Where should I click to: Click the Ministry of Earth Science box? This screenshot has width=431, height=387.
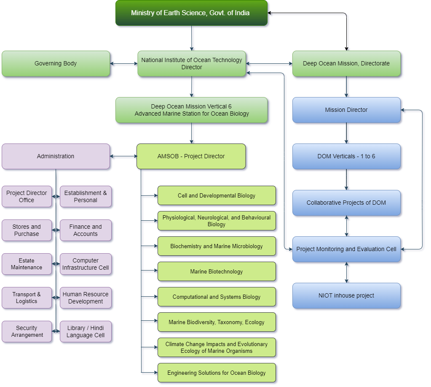click(x=191, y=13)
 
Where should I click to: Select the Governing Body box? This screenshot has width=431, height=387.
click(x=56, y=64)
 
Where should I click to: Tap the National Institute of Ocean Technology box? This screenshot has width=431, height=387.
click(x=192, y=64)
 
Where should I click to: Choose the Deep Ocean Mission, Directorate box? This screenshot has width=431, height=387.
click(x=346, y=64)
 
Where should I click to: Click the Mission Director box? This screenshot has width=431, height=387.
click(x=346, y=110)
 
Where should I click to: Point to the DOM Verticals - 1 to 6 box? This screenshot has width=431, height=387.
click(x=346, y=157)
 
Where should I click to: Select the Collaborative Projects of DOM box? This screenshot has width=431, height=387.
click(x=346, y=203)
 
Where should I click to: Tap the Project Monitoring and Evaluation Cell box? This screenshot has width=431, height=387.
click(x=346, y=249)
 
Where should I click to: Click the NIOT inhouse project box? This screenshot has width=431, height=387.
click(x=346, y=296)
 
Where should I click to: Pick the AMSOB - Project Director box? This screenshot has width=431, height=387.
click(x=191, y=157)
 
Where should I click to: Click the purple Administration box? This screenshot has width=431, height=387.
click(x=56, y=157)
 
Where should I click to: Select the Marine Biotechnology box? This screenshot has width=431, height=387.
click(x=217, y=272)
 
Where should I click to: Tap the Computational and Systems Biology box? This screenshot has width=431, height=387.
click(x=217, y=297)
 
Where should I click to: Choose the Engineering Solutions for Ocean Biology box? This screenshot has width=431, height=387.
click(x=217, y=373)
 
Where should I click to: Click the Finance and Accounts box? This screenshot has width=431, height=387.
click(x=86, y=230)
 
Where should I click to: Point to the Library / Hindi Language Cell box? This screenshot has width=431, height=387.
click(x=86, y=332)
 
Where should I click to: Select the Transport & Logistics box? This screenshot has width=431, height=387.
click(x=27, y=298)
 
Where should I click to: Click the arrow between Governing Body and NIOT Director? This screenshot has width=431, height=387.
click(x=124, y=64)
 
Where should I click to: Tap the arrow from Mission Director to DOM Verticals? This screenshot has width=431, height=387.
click(x=346, y=133)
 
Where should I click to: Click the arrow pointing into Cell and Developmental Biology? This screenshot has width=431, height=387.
click(x=149, y=196)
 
